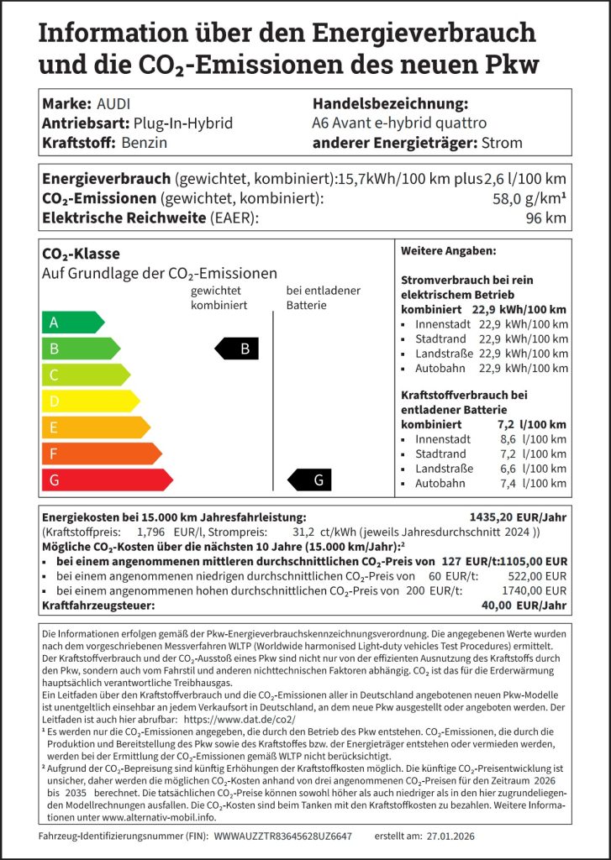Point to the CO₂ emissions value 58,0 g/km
point(535,199)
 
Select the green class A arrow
point(72,322)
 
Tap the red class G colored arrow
point(106,480)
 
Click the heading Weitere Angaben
point(448,251)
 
